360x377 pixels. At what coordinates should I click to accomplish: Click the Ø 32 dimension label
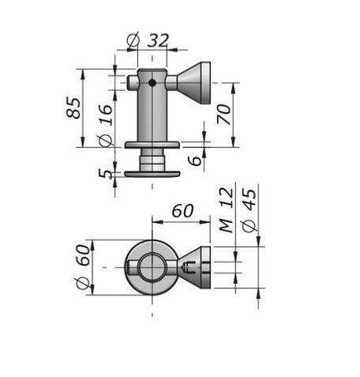[148, 40]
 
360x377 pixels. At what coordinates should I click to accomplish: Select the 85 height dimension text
[73, 107]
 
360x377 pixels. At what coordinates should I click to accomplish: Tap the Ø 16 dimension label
[106, 126]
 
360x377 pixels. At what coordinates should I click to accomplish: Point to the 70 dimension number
[224, 114]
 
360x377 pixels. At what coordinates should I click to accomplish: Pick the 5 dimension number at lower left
[105, 174]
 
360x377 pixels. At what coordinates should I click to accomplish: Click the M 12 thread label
[227, 210]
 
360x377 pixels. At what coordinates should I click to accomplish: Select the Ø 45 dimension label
[249, 211]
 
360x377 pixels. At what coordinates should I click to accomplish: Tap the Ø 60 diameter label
[83, 267]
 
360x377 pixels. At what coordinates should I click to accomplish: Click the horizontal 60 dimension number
[182, 211]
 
